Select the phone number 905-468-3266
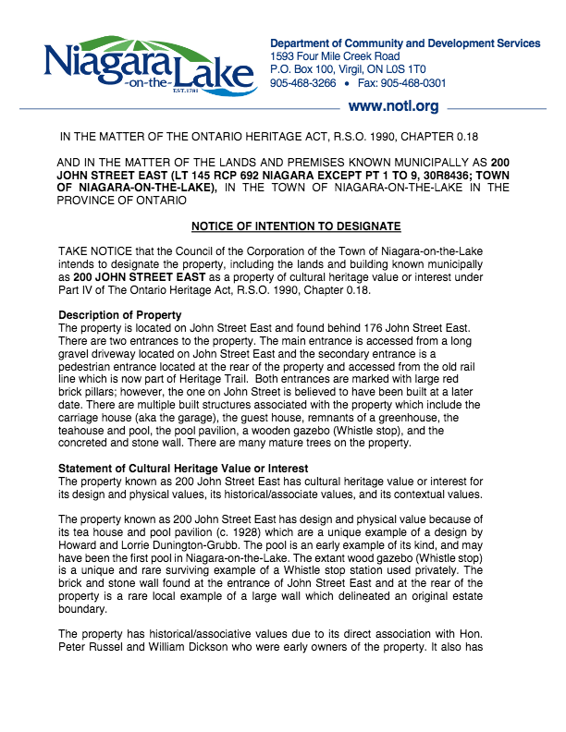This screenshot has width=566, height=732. (302, 82)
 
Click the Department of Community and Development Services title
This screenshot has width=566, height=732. (404, 43)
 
